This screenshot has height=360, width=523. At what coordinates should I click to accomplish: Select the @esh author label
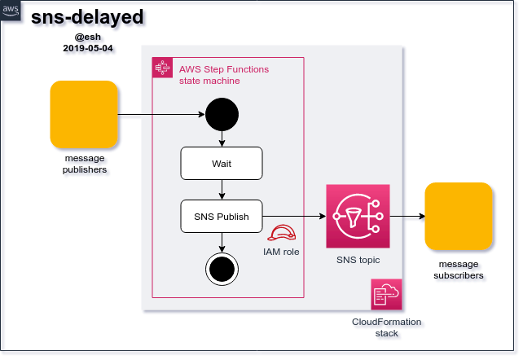(x=88, y=37)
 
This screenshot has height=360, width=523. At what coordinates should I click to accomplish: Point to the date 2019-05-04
(x=88, y=48)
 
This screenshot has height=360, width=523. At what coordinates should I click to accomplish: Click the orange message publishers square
(x=84, y=113)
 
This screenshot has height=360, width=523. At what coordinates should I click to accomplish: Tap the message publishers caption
(x=86, y=164)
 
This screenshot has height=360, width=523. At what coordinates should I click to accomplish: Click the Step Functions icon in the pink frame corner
(x=163, y=68)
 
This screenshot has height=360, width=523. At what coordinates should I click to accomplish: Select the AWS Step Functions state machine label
(x=223, y=75)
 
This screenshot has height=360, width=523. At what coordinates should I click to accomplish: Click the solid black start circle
(x=222, y=114)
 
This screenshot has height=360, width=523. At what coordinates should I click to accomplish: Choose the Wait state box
(x=222, y=164)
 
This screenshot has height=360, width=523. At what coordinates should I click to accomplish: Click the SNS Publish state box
(x=222, y=217)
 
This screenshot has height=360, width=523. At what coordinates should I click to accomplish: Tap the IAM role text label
(x=281, y=252)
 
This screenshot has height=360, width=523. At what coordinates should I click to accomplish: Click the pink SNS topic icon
(x=358, y=216)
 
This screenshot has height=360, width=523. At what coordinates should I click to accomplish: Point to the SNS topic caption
(x=358, y=260)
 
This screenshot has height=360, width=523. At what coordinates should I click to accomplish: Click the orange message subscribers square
(x=459, y=216)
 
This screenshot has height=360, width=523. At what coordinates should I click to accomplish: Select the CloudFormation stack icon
(x=386, y=294)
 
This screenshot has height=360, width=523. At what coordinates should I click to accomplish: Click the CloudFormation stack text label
(x=386, y=327)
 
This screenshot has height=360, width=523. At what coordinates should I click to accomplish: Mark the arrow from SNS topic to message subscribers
(x=407, y=217)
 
